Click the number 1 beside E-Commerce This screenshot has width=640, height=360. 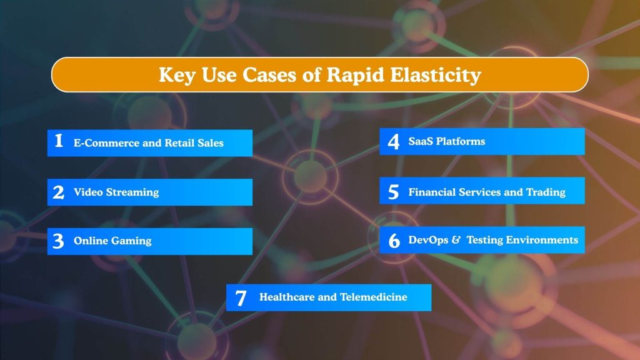pos(59,141)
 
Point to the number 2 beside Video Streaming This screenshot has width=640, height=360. pos(58,192)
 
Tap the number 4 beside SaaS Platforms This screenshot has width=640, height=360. pos(393,142)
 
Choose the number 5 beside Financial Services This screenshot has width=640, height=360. pos(393,192)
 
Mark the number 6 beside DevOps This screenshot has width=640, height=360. pos(394,241)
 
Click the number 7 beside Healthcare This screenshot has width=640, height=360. pos(241,298)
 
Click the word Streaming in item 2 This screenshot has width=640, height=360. pos(132,192)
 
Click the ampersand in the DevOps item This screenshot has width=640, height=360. pos(456,240)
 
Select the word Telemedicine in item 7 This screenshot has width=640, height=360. pos(373,297)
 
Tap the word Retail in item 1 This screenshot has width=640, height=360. pos(179,143)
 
